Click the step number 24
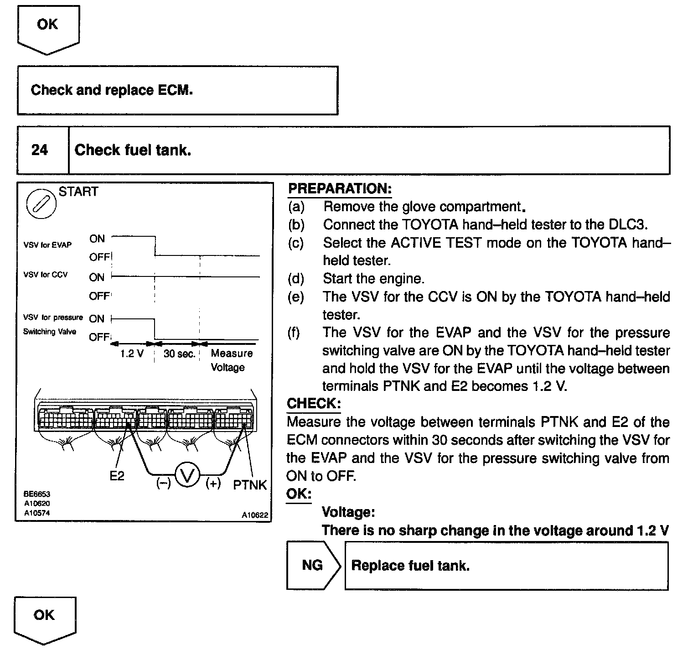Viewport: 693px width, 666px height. [x=40, y=150]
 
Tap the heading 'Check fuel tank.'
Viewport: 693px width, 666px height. [x=133, y=150]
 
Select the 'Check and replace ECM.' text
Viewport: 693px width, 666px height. [x=112, y=90]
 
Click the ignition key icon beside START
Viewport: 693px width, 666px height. [x=41, y=203]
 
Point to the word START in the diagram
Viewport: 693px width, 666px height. [x=78, y=192]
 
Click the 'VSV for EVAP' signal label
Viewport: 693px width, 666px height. [x=47, y=245]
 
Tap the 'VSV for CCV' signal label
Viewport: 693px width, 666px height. [x=46, y=275]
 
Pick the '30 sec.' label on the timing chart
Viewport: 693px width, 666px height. [x=179, y=354]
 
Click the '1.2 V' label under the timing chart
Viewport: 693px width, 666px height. [x=132, y=354]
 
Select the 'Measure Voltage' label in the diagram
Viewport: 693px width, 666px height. [x=231, y=360]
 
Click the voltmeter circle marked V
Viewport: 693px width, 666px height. [x=188, y=475]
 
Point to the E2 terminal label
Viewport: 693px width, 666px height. [x=117, y=476]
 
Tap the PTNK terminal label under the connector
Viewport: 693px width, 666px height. [x=250, y=485]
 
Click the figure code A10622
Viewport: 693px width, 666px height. [x=255, y=515]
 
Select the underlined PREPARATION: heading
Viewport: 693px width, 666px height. [x=340, y=189]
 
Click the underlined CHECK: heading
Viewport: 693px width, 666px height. [x=314, y=403]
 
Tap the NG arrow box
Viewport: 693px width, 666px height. [x=313, y=566]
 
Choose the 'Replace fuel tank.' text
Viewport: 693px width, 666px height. [x=410, y=566]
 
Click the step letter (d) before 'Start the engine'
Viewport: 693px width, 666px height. [x=296, y=278]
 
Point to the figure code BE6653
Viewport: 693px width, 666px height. [x=37, y=494]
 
